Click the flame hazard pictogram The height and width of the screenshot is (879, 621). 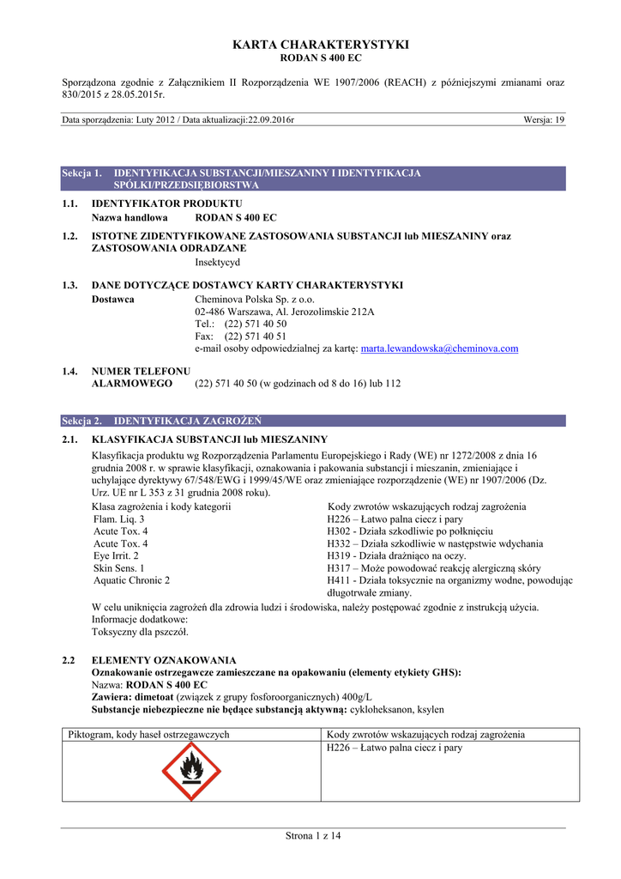(x=192, y=772)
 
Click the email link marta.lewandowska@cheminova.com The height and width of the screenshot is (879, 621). (x=439, y=349)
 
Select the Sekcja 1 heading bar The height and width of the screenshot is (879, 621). (x=314, y=179)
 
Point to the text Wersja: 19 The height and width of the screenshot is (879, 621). (x=544, y=120)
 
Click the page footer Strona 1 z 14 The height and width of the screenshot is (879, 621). (x=313, y=837)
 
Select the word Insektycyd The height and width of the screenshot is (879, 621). (x=218, y=262)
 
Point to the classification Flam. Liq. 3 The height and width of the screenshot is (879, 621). (x=119, y=519)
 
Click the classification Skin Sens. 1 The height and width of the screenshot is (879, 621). (x=119, y=568)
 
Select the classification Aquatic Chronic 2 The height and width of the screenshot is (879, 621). (x=131, y=580)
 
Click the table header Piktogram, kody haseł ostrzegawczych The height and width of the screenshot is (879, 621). (x=149, y=735)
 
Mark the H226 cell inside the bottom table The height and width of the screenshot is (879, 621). (x=395, y=749)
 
